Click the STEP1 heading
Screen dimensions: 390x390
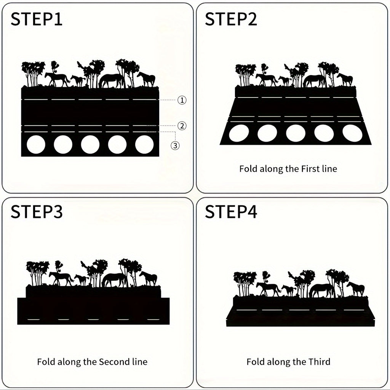point(36,19)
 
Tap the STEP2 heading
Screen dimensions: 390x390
point(231,19)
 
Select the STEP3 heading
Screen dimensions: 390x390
point(36,212)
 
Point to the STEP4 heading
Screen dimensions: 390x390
point(231,212)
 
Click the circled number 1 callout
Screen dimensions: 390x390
point(182,100)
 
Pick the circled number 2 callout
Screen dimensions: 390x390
point(182,126)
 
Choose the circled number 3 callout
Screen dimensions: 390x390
point(175,145)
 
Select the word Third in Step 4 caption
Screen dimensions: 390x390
point(319,362)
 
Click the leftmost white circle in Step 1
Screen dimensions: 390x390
point(36,144)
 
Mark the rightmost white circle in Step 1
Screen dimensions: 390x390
point(144,144)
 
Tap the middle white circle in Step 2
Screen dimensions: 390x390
point(296,133)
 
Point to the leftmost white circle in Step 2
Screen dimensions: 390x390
point(239,133)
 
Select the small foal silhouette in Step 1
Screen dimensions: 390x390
point(78,81)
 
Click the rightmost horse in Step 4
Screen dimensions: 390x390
point(356,289)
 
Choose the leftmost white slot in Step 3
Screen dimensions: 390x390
point(34,319)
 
